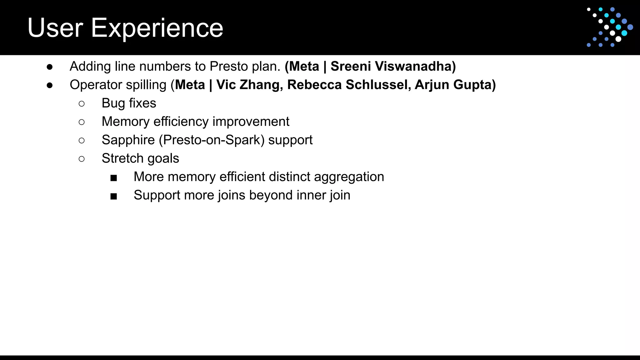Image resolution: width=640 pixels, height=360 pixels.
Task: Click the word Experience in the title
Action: [x=157, y=28]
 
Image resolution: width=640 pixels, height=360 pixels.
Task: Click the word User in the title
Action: [x=55, y=28]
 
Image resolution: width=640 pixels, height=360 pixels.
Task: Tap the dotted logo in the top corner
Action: [x=609, y=27]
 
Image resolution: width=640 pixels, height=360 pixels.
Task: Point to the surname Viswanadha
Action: [x=415, y=66]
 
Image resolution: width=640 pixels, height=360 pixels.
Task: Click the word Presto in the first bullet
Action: [x=229, y=66]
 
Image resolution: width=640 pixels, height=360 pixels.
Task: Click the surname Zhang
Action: [x=261, y=85]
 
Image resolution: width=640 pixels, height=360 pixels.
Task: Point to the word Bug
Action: [x=113, y=103]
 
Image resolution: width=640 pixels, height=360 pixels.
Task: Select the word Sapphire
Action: [x=128, y=140]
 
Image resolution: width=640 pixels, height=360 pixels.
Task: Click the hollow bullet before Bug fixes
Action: [x=82, y=104]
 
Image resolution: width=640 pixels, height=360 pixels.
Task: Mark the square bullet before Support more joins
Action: [x=114, y=196]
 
